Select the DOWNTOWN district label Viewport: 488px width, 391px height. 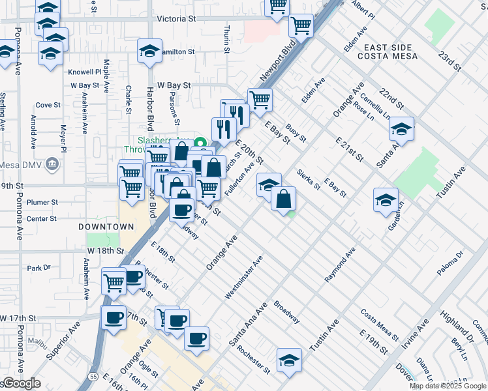click(x=106, y=227)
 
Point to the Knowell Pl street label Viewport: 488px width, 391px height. click(x=89, y=72)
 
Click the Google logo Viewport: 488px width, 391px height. click(x=21, y=383)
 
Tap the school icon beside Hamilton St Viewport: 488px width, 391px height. click(x=149, y=51)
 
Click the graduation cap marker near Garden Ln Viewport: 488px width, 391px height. click(x=386, y=199)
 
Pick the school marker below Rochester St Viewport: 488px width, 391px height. click(x=289, y=360)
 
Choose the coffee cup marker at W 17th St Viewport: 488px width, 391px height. click(x=114, y=317)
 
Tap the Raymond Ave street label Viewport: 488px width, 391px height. click(x=340, y=265)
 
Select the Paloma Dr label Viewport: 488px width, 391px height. click(x=450, y=261)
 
